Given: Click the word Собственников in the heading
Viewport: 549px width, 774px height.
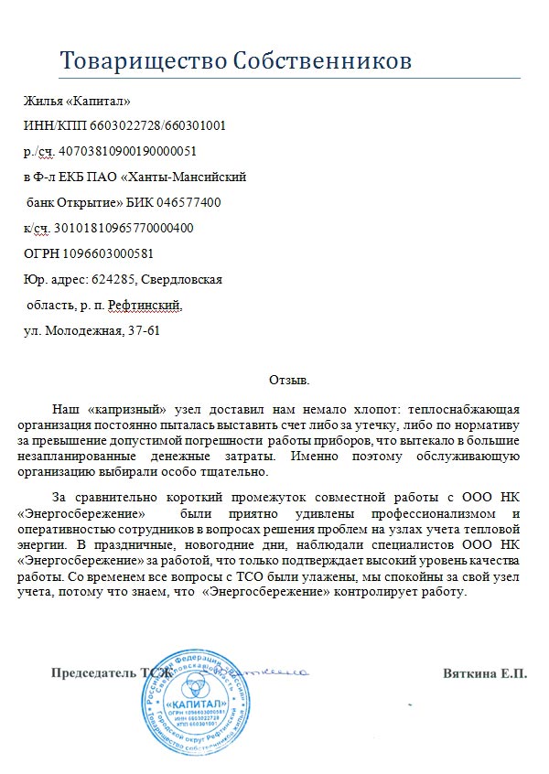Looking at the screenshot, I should coord(322,62).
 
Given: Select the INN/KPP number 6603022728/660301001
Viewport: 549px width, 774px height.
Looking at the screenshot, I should coord(157,125).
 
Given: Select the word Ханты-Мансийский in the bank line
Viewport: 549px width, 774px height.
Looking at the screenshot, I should coord(198,177).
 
